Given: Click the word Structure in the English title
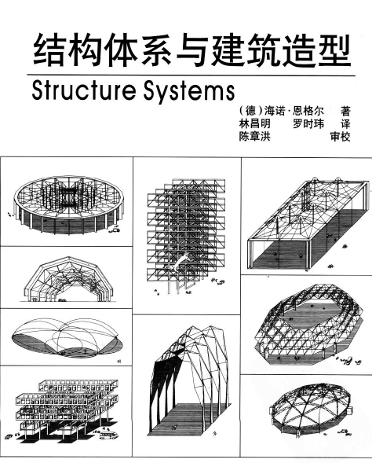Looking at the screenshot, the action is click(83, 90).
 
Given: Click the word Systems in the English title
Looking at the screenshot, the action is click(189, 91).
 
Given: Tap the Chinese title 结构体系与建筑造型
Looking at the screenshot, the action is click(191, 50).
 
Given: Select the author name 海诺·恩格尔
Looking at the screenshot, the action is click(294, 112).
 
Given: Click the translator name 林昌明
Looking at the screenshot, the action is click(254, 124).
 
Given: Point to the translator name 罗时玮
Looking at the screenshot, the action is click(308, 124).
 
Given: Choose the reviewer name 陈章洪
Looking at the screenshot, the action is click(254, 137).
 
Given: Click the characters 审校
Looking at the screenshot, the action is click(341, 137).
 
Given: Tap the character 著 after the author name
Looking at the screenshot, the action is click(346, 112).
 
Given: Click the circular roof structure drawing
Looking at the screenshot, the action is click(68, 204).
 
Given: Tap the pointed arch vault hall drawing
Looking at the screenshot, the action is click(188, 381).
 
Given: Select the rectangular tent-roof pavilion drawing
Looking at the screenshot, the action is click(308, 223).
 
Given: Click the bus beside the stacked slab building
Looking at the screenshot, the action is click(109, 435).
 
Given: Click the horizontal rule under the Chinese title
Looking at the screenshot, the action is click(191, 75).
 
